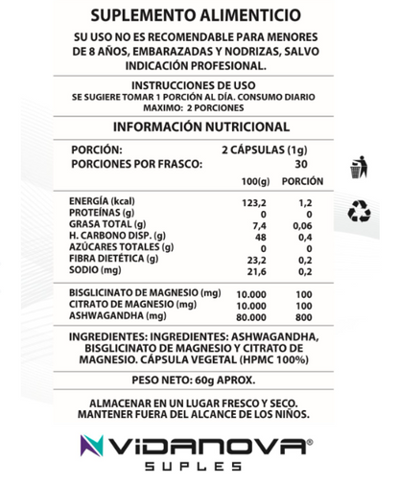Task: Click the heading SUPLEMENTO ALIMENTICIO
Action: click(200, 15)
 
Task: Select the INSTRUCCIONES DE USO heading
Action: click(200, 84)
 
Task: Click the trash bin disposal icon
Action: click(358, 167)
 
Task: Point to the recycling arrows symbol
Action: click(359, 211)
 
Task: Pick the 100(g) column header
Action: click(254, 181)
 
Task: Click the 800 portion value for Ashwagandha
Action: click(303, 314)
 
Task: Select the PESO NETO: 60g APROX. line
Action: click(199, 379)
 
